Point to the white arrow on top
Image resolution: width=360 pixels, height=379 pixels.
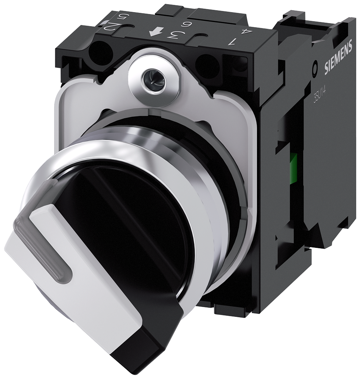click(154, 33)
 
